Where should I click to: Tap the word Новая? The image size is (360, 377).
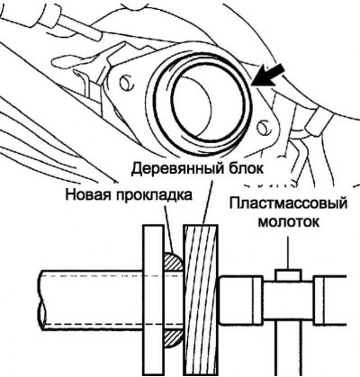coord(88,195)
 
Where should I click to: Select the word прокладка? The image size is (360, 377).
coord(154,196)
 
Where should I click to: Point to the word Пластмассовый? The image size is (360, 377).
coord(288,204)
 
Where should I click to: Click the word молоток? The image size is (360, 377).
coord(289,223)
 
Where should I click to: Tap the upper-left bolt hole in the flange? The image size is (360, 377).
coord(126,83)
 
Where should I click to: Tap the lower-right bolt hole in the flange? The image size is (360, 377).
coord(264,127)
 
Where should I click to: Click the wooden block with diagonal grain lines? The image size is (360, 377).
coord(202,300)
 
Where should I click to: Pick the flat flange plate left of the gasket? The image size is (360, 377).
coord(153,300)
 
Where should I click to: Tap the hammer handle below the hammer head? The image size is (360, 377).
coord(289,351)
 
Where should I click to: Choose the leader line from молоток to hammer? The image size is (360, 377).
coord(289,253)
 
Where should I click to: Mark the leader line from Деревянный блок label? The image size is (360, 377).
coord(208,202)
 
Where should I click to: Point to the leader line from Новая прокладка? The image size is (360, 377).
coord(169,228)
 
